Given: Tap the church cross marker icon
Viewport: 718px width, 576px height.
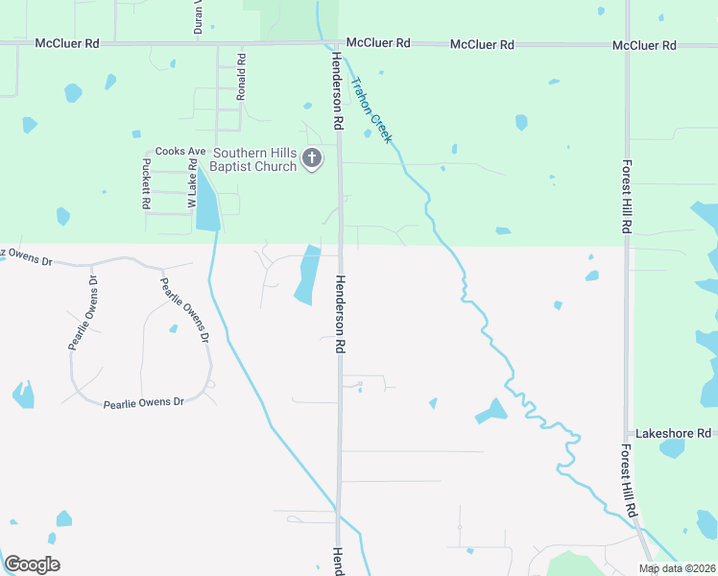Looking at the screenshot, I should pyautogui.click(x=311, y=159).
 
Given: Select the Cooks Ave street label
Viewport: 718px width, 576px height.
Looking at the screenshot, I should pyautogui.click(x=180, y=152).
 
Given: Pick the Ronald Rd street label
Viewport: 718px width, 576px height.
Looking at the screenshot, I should pyautogui.click(x=241, y=77).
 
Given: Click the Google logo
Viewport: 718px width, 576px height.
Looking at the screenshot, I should pyautogui.click(x=31, y=564).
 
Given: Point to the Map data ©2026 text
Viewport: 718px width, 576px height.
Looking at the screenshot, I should pyautogui.click(x=676, y=568).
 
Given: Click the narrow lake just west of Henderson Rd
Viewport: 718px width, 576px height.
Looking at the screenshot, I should pyautogui.click(x=306, y=276).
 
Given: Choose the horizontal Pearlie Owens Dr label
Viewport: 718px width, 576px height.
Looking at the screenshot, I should pyautogui.click(x=143, y=402).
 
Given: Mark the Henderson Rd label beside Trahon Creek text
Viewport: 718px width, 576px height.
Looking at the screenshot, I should pyautogui.click(x=337, y=91).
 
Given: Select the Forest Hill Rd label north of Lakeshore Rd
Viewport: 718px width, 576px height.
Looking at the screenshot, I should pyautogui.click(x=627, y=198).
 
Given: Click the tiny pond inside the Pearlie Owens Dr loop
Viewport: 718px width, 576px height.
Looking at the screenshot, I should pyautogui.click(x=173, y=329).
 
